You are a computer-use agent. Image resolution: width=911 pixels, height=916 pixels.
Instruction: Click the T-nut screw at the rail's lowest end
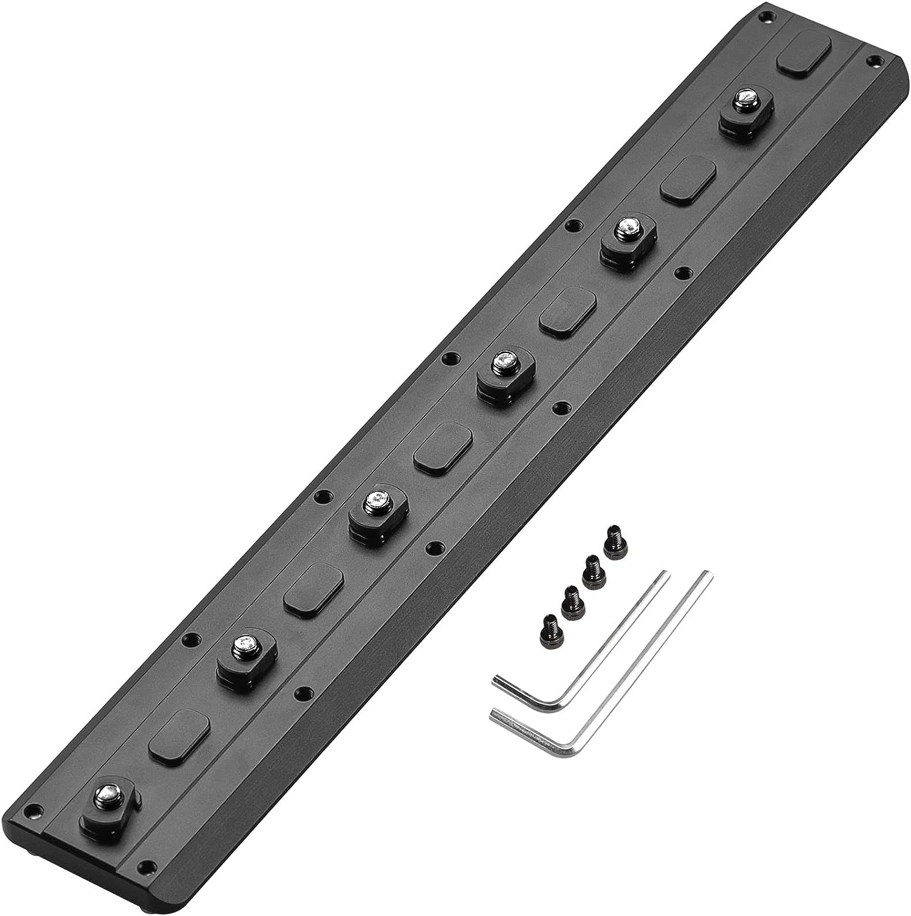point(106,797)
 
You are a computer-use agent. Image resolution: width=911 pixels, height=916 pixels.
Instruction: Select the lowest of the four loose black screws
point(550,623)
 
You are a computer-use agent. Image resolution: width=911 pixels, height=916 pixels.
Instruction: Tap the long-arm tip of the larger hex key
point(709,575)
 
